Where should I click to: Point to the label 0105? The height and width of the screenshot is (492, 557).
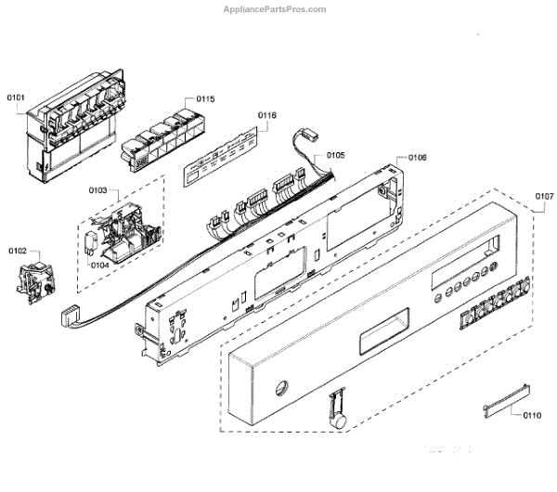[x=334, y=155]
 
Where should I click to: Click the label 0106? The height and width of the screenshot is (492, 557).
[x=418, y=158]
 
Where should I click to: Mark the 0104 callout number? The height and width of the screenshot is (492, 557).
[x=100, y=264]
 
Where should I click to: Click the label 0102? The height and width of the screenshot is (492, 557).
[x=18, y=251]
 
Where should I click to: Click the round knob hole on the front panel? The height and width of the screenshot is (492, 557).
[x=280, y=387]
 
